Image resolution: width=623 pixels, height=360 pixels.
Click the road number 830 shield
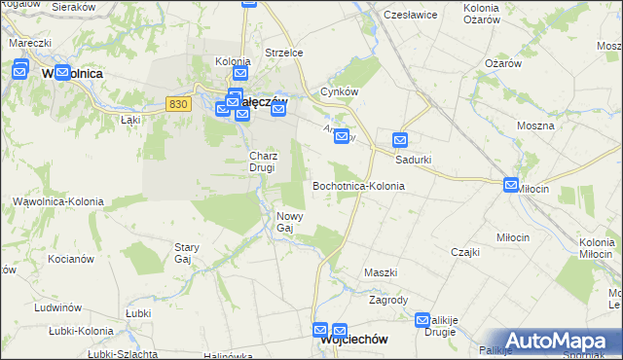(176, 104)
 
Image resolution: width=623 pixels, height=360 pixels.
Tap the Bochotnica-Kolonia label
(357, 185)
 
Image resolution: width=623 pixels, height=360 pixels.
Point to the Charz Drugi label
(264, 162)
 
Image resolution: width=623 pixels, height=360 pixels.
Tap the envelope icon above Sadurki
(399, 139)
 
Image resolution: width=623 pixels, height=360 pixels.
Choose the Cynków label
(340, 92)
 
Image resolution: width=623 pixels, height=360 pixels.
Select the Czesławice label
(407, 16)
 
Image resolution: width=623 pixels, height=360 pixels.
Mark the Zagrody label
(387, 301)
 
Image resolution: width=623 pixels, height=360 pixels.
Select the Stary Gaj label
(185, 254)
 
